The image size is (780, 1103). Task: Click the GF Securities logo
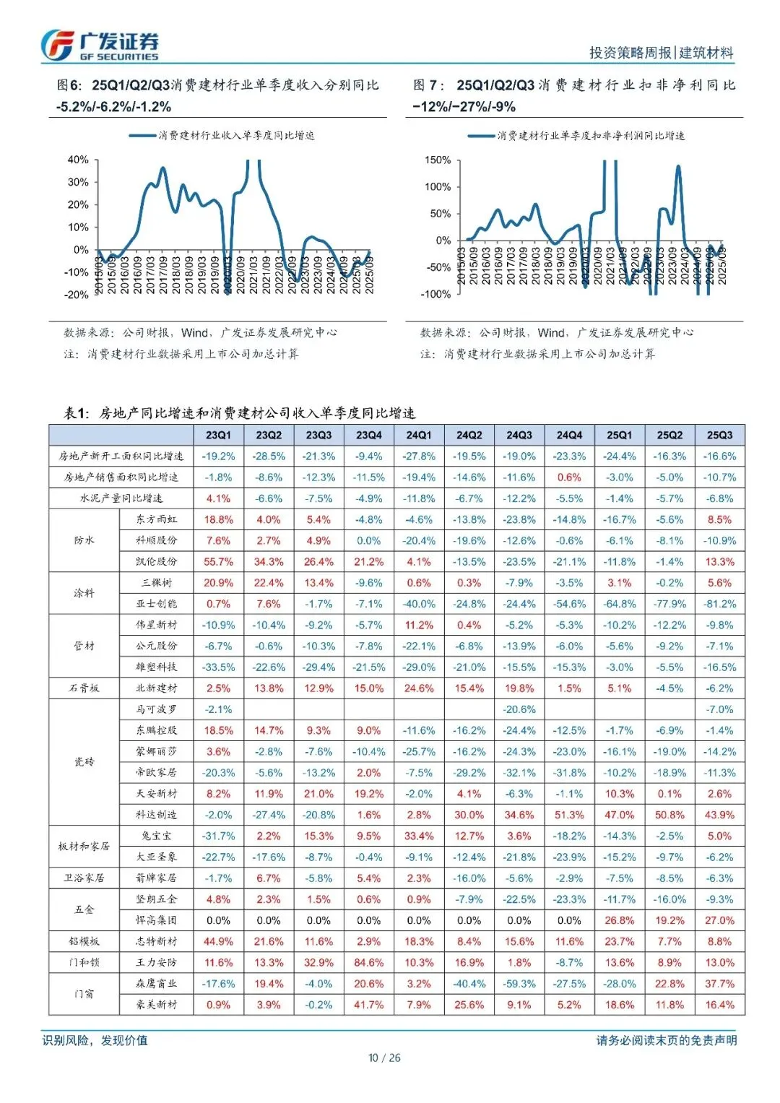tap(100, 46)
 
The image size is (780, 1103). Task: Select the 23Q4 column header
tap(368, 435)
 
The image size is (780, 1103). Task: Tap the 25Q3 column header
tap(719, 435)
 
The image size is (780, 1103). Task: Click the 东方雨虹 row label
tap(157, 519)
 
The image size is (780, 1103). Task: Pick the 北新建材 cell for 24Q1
tap(419, 688)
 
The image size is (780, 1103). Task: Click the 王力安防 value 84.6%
tap(368, 963)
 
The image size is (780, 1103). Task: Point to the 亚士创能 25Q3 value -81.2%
tap(719, 604)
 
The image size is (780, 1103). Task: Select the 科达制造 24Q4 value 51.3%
tap(569, 815)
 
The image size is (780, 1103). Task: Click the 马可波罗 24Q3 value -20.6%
tap(519, 709)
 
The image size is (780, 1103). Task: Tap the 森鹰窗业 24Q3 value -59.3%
tap(519, 984)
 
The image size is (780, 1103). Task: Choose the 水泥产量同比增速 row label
tap(121, 498)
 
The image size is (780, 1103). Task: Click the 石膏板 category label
tap(84, 688)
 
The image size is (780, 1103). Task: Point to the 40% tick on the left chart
tap(78, 160)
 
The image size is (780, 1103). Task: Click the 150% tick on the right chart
tap(438, 160)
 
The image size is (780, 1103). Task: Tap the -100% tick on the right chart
tap(435, 294)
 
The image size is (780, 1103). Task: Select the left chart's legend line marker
tap(143, 135)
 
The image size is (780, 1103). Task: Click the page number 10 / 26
tap(384, 1058)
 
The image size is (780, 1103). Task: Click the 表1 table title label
tap(77, 413)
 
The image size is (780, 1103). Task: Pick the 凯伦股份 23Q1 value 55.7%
tap(218, 562)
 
